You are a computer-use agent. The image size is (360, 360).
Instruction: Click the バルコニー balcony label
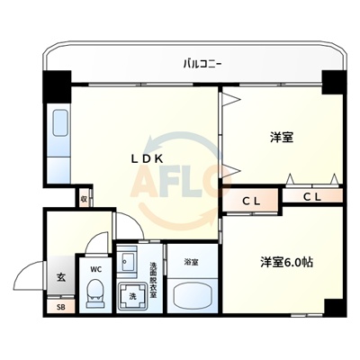(202, 63)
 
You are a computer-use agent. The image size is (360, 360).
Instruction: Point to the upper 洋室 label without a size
(282, 139)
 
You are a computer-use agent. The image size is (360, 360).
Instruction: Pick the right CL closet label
(312, 195)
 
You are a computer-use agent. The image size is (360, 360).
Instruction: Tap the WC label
(94, 266)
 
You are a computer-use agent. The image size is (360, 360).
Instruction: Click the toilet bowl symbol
(94, 293)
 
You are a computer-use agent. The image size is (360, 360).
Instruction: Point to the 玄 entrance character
(61, 278)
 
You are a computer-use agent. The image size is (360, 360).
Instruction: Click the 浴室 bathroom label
(191, 263)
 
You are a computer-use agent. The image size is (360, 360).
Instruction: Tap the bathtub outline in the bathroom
(191, 294)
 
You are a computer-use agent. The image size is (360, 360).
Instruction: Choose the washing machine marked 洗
(131, 296)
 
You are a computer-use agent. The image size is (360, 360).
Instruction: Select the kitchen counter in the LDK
(60, 134)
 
